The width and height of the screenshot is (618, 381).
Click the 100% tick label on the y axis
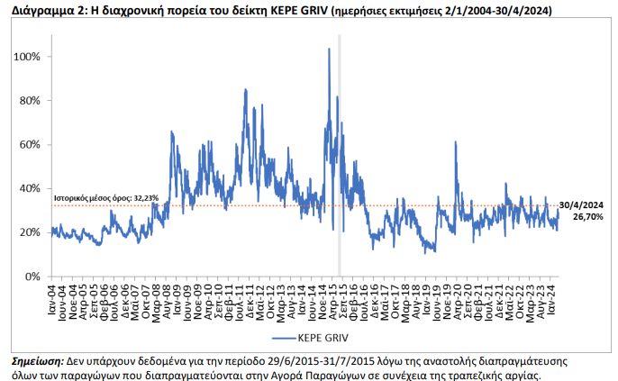pyautogui.click(x=27, y=57)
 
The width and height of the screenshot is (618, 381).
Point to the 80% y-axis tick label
pyautogui.click(x=29, y=101)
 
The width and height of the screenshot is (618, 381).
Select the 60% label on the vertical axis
pyautogui.click(x=29, y=145)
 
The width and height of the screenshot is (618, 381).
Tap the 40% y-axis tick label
pyautogui.click(x=29, y=188)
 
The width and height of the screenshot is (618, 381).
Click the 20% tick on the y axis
pyautogui.click(x=29, y=232)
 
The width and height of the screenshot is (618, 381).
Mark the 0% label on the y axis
pyautogui.click(x=32, y=277)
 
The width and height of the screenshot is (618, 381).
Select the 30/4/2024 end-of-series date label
pyautogui.click(x=582, y=204)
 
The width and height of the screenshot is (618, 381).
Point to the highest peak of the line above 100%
pyautogui.click(x=329, y=50)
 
